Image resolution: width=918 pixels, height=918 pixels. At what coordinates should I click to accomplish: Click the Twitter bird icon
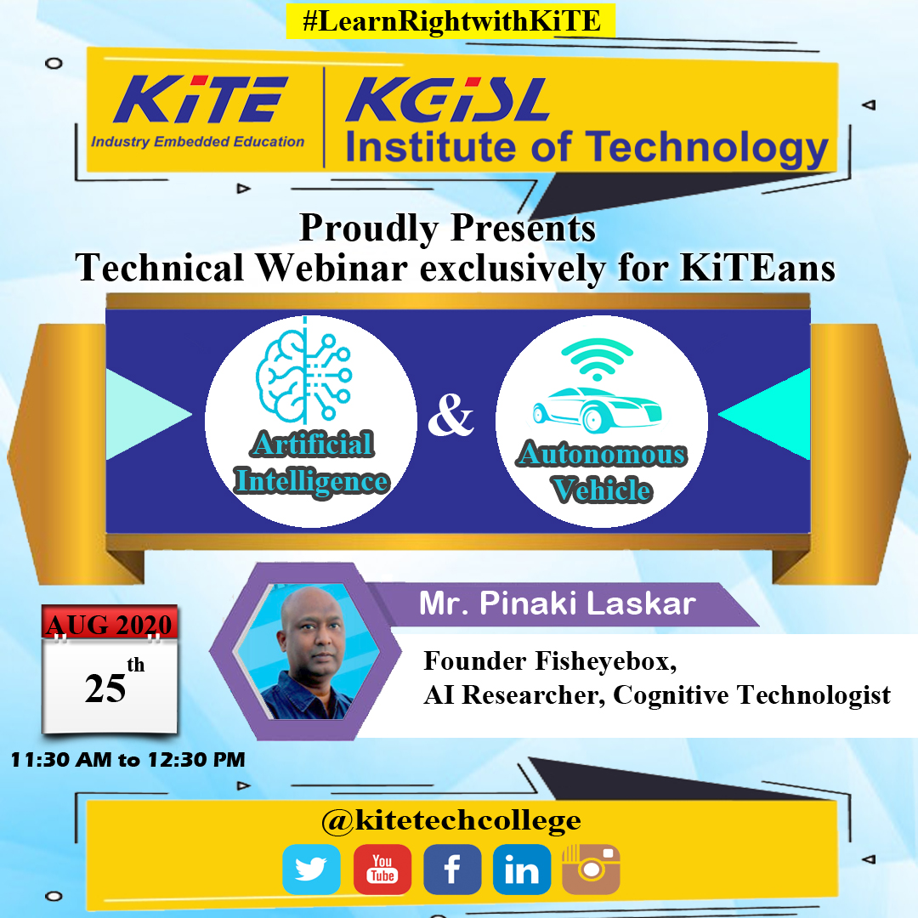coord(311,870)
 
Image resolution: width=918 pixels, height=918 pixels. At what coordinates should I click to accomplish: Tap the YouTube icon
coord(382,870)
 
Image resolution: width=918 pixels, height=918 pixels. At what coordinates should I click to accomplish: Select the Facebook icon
coord(452,870)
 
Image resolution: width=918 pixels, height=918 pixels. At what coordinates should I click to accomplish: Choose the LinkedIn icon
coord(522,870)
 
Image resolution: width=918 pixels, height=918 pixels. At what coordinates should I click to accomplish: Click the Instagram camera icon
coord(591,870)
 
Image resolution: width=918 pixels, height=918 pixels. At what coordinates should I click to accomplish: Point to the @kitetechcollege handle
coord(450,821)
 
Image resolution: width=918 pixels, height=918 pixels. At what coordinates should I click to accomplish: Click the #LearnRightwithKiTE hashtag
coord(450,21)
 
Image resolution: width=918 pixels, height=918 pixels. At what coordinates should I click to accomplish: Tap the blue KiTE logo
coord(201,99)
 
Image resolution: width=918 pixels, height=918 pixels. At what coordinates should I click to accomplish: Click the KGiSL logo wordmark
coord(448,99)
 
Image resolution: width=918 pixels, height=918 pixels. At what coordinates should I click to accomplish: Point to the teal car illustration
coord(598,409)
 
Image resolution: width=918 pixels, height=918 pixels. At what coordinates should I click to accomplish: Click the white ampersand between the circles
coord(450,415)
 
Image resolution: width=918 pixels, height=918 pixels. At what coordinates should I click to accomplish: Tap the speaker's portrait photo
coord(308,651)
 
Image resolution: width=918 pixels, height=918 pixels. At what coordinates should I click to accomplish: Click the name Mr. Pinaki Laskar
coord(558,603)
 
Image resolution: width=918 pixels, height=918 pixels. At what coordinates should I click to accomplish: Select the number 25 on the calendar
coord(105,688)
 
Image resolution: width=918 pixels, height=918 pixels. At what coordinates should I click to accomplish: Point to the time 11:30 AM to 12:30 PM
coord(127,760)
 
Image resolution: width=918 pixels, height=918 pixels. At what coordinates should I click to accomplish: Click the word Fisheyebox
coord(606,661)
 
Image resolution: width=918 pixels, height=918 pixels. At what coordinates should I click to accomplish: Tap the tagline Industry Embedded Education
coord(198,142)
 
